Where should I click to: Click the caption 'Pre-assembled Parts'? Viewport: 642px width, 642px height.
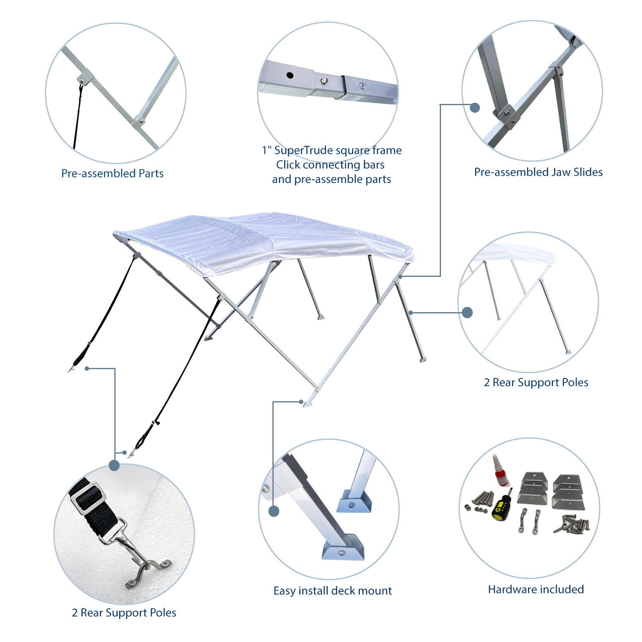click(112, 173)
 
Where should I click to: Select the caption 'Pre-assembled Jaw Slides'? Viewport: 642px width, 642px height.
click(538, 172)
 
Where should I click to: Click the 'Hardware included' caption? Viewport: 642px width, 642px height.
click(536, 589)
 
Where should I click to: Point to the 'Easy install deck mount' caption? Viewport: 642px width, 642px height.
click(333, 591)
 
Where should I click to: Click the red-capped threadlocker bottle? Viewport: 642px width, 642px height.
click(500, 471)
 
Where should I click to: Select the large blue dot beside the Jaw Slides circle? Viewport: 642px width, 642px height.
click(475, 108)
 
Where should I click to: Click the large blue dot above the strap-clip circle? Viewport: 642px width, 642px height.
click(114, 465)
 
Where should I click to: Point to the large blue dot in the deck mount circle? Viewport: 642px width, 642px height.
click(274, 511)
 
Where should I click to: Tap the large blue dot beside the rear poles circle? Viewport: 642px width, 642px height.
click(467, 313)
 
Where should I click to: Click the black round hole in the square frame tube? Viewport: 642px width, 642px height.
click(290, 75)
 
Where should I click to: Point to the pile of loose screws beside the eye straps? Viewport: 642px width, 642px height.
click(572, 524)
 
